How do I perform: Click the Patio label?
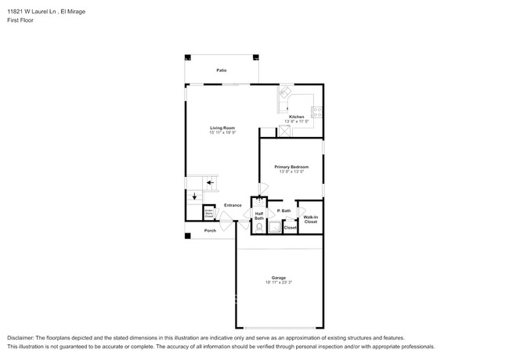222,70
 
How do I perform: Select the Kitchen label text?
297,117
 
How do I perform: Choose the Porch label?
210,231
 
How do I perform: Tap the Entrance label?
233,205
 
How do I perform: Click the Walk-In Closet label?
310,220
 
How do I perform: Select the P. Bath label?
283,211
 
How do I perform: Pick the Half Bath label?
259,216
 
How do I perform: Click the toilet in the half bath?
259,229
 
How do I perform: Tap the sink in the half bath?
259,202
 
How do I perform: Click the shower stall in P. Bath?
275,227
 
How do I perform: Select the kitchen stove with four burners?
316,111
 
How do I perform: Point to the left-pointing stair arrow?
210,182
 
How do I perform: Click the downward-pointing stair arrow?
195,196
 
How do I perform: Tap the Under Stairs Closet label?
209,212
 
